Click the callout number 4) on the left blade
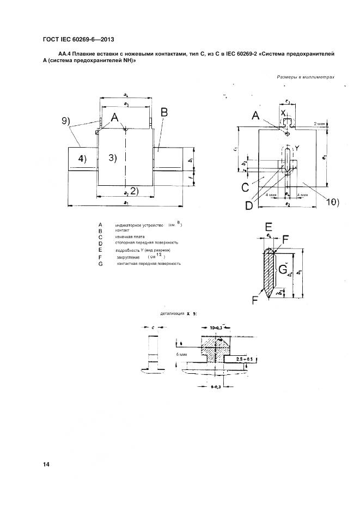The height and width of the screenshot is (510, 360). pos(81,159)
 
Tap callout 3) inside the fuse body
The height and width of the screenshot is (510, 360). pos(113,158)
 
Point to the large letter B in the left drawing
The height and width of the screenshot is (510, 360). pos(164,112)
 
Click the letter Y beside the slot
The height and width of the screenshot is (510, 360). pos(298,148)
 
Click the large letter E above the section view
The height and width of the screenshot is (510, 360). pos(269,227)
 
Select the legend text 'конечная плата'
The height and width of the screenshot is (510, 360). pos(130,236)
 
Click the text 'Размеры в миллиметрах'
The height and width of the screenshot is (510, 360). pos(306,77)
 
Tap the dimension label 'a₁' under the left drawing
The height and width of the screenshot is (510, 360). pos(126,204)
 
